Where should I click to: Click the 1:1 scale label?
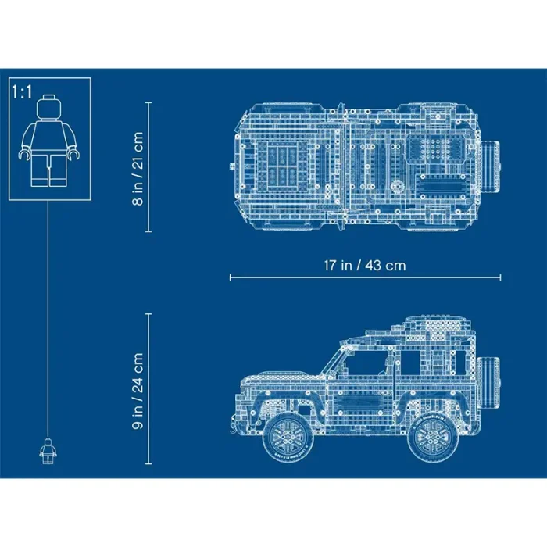pyautogui.click(x=22, y=92)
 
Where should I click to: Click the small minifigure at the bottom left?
pyautogui.click(x=48, y=451)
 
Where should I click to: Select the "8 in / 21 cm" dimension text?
pyautogui.click(x=138, y=168)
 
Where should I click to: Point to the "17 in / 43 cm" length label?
pyautogui.click(x=365, y=266)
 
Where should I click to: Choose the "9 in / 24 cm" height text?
pyautogui.click(x=138, y=391)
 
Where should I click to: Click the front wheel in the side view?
pyautogui.click(x=287, y=436)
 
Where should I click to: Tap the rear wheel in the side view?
pyautogui.click(x=433, y=437)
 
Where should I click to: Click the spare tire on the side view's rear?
pyautogui.click(x=488, y=381)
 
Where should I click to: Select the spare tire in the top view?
pyautogui.click(x=490, y=166)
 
